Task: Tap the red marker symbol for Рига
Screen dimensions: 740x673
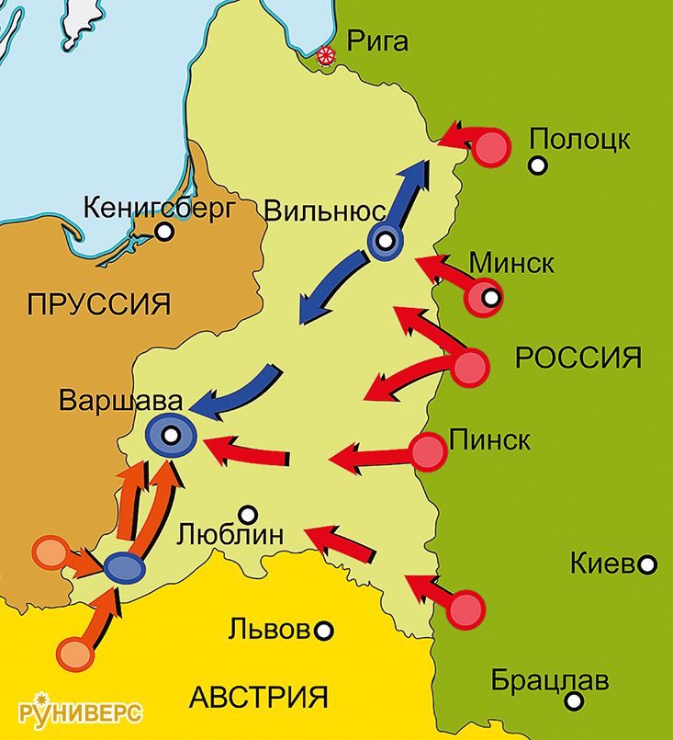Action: pyautogui.click(x=324, y=57)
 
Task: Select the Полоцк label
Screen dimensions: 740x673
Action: pyautogui.click(x=580, y=140)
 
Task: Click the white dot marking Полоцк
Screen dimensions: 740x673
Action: pyautogui.click(x=538, y=166)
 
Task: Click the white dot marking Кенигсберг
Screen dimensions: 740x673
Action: pyautogui.click(x=164, y=233)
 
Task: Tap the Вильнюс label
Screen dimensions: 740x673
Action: pyautogui.click(x=322, y=211)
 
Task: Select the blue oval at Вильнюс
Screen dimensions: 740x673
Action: pyautogui.click(x=386, y=242)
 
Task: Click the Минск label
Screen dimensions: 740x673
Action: pyautogui.click(x=512, y=264)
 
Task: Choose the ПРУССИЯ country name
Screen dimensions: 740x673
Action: pyautogui.click(x=99, y=303)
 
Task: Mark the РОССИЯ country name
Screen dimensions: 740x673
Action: pyautogui.click(x=578, y=358)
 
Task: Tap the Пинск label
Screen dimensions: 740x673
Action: pyautogui.click(x=489, y=439)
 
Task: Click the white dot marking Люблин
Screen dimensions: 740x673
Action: pyautogui.click(x=247, y=514)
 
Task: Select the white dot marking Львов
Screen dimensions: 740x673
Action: pyautogui.click(x=324, y=632)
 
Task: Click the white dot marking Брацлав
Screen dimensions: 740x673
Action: pyautogui.click(x=575, y=702)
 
